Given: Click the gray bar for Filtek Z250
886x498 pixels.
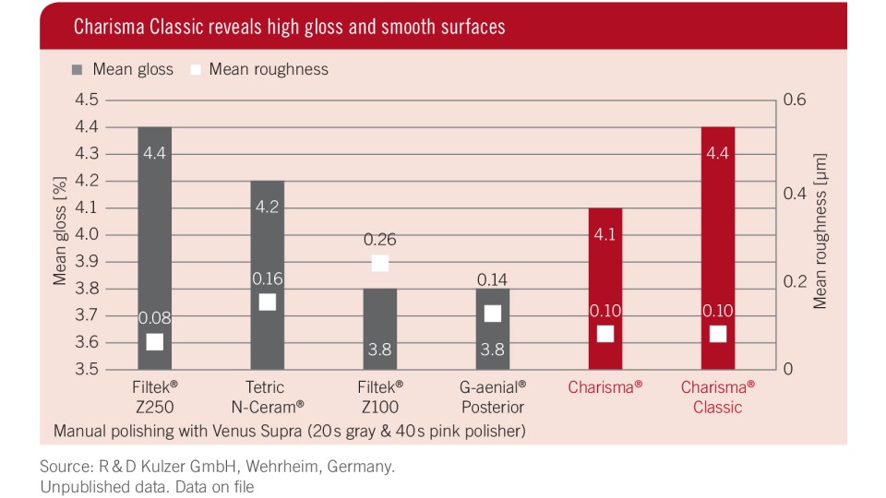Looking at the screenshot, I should click(154, 240).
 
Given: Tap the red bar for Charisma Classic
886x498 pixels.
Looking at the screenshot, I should click(718, 240).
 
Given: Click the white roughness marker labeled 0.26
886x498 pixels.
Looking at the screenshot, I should click(380, 263).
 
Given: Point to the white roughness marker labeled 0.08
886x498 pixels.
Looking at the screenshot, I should click(154, 342).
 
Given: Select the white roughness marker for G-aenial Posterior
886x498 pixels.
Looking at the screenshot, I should click(493, 314).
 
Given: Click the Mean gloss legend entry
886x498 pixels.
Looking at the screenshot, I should click(122, 69).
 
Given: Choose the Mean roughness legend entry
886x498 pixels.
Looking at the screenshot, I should click(258, 69).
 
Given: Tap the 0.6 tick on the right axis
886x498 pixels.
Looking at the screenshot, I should click(795, 100).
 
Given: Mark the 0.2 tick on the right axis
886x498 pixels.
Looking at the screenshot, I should click(795, 280).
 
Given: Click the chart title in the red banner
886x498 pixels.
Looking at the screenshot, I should click(289, 26).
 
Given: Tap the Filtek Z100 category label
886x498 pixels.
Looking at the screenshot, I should click(380, 397).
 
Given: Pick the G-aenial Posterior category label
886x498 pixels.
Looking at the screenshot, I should click(493, 397).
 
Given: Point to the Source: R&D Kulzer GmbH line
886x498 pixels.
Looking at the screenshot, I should click(217, 467).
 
